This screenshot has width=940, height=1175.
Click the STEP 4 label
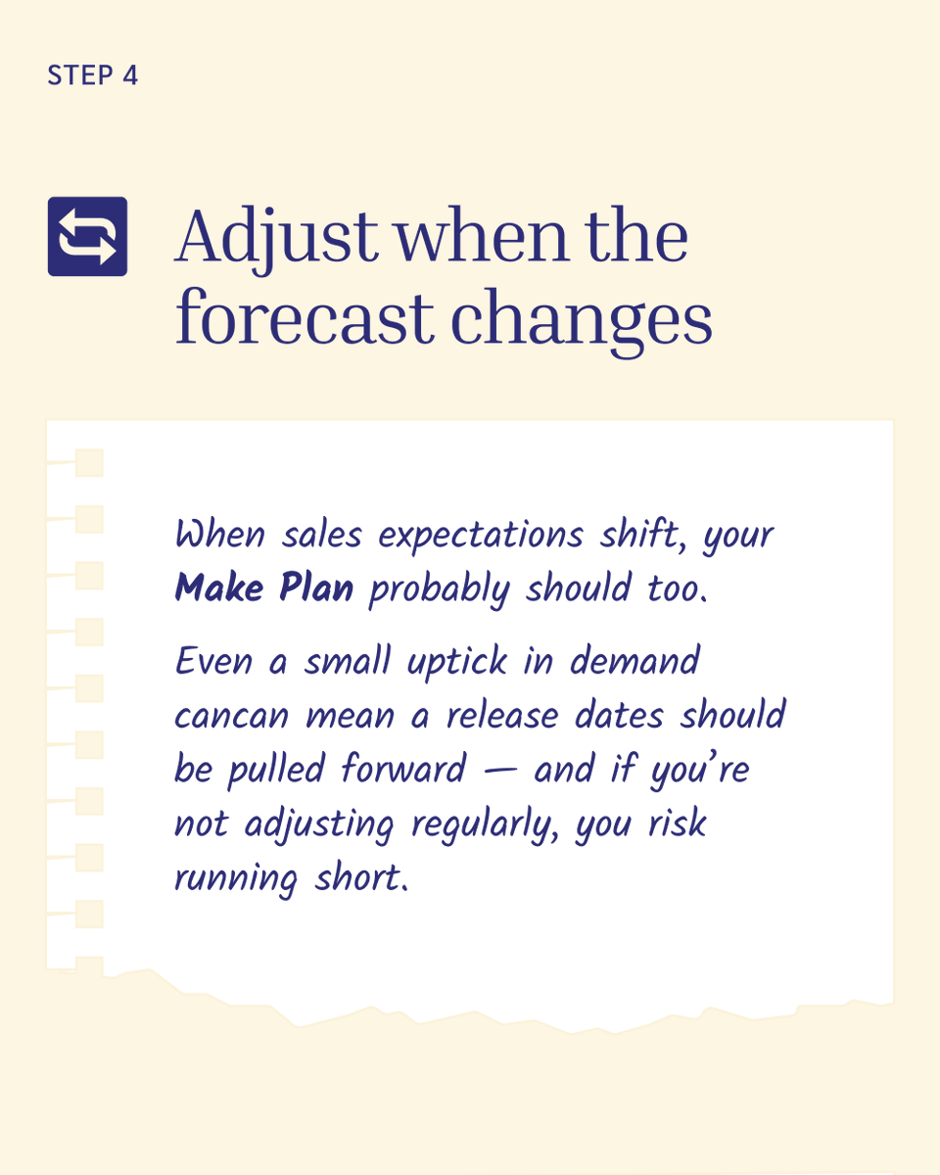[93, 76]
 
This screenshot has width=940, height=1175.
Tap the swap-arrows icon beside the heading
[87, 236]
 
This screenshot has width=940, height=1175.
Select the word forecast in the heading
[304, 318]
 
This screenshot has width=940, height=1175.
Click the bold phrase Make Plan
[263, 588]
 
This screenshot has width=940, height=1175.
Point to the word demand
[634, 661]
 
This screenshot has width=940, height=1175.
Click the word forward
[402, 769]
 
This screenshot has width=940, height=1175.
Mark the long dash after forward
[498, 771]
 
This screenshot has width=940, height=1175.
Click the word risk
[675, 822]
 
